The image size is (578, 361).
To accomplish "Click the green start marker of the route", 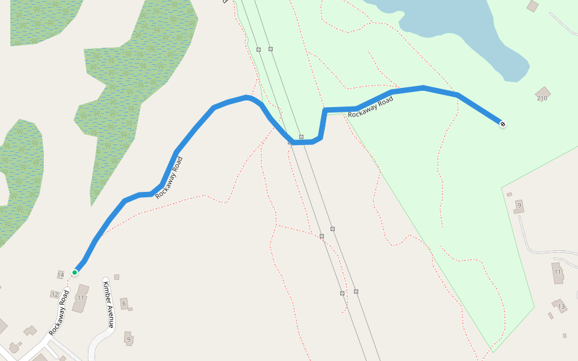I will (x=75, y=273).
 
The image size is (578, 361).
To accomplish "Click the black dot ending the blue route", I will (x=502, y=124).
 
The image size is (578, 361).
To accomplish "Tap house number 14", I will (x=60, y=275).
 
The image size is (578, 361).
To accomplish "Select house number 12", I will (x=55, y=294).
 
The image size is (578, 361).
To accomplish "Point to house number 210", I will (x=542, y=98).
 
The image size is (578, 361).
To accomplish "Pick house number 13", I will (x=561, y=307).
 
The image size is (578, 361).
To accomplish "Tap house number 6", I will (x=124, y=303).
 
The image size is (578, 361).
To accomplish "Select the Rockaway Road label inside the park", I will (x=370, y=106).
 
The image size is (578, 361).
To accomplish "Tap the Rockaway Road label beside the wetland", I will (x=169, y=177).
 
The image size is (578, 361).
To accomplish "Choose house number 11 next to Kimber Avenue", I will (x=80, y=297).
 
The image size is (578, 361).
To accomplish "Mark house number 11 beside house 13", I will (x=558, y=272).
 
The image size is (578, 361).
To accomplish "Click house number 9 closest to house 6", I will (x=128, y=339).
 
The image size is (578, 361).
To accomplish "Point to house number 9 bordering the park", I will (x=518, y=206).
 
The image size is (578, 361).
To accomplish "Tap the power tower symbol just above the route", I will (x=301, y=137).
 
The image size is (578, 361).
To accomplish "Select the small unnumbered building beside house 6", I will (x=116, y=277).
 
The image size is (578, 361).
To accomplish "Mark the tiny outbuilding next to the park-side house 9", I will (x=509, y=194).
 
